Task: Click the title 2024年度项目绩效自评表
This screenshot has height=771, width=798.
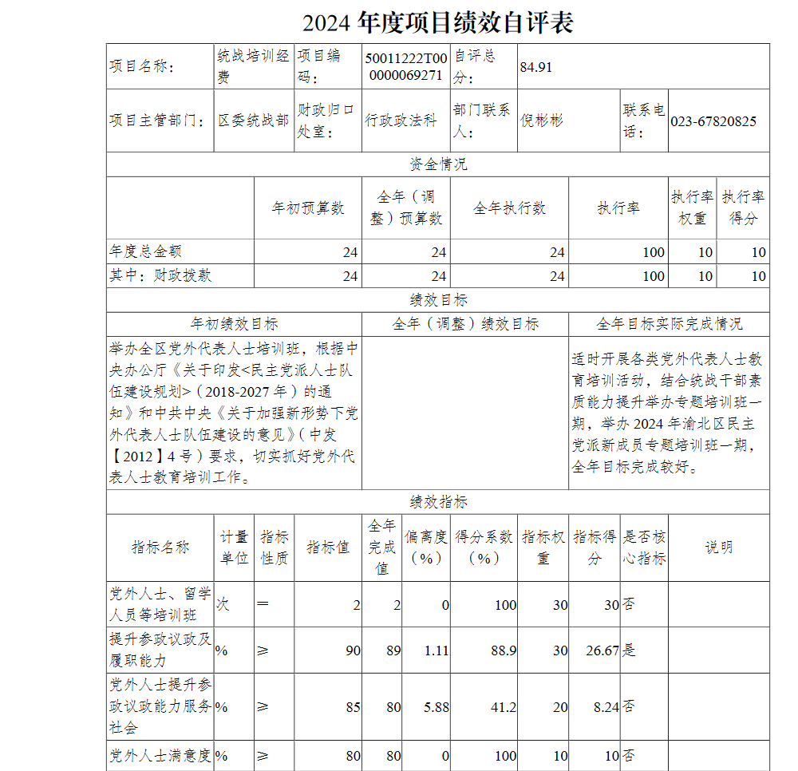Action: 438,23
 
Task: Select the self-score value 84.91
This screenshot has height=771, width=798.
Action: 536,67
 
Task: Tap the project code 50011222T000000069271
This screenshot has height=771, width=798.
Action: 405,67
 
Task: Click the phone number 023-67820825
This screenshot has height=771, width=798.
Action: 713,121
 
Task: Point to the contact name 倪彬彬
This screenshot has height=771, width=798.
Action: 542,121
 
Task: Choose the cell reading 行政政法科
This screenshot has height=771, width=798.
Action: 401,121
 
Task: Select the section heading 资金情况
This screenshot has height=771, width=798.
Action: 438,164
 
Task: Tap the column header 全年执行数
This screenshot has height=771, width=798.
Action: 509,208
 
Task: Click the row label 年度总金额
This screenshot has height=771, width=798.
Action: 146,251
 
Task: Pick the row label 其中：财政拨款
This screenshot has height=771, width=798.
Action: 160,275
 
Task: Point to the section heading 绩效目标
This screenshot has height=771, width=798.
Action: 438,300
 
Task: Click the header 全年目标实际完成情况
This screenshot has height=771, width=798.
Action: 669,324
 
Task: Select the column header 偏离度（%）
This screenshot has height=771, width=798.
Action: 425,548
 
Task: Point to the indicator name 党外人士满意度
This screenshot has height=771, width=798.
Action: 160,755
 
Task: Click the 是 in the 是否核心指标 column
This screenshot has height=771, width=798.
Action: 630,650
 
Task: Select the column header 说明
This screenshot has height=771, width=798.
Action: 718,548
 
